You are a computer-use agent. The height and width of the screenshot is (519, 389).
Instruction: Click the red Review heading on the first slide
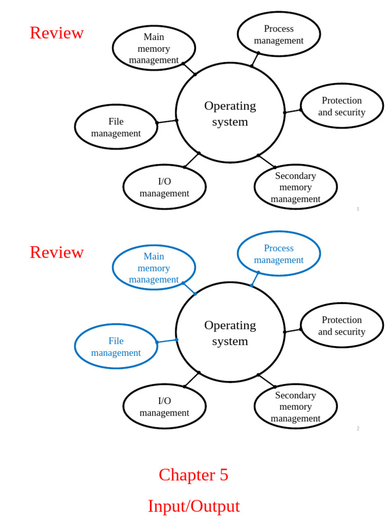click(x=57, y=33)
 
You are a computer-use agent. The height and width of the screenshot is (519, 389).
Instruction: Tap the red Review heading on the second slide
click(x=57, y=252)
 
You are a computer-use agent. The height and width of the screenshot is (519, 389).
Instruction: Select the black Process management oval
click(x=279, y=34)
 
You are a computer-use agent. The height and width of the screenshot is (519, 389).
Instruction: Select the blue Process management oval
click(x=279, y=254)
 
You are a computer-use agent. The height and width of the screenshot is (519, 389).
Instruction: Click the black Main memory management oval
click(x=153, y=48)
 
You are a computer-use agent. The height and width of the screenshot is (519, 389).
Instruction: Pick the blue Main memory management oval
click(x=153, y=268)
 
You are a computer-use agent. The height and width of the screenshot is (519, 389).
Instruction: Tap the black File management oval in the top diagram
click(x=116, y=127)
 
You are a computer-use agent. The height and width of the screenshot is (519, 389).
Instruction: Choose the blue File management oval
click(x=116, y=347)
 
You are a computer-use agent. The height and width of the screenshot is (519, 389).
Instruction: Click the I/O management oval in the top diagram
click(x=164, y=187)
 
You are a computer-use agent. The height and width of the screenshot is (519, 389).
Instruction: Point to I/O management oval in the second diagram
click(x=164, y=406)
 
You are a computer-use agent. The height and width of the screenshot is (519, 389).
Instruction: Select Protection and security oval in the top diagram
click(x=341, y=106)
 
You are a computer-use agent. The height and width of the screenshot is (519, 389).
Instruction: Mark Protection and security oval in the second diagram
click(x=341, y=325)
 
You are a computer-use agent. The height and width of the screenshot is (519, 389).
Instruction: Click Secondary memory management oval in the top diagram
click(x=295, y=187)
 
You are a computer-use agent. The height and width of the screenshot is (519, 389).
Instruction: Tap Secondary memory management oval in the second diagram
click(x=295, y=406)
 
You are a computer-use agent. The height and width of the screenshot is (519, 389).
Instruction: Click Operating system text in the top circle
click(x=230, y=114)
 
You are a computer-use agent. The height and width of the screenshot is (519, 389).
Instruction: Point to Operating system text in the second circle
click(x=230, y=333)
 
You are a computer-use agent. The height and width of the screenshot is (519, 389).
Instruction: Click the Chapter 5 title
click(x=193, y=475)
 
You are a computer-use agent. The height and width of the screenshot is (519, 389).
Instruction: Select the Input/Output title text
click(x=193, y=506)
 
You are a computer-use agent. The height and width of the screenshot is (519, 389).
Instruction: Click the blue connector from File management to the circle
click(x=167, y=341)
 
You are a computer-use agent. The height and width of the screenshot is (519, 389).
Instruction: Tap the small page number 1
click(x=358, y=209)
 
